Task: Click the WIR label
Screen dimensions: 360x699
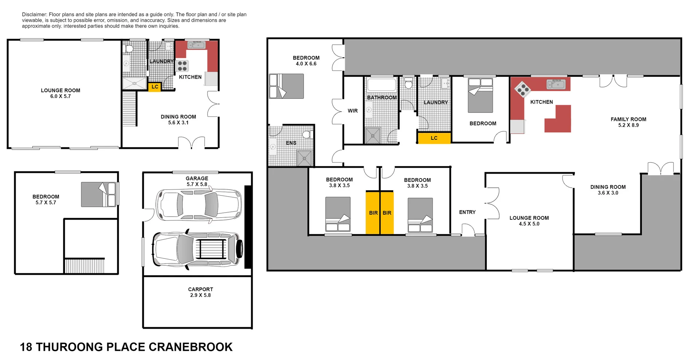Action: pos(352,111)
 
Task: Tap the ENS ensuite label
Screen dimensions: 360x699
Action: pos(291,143)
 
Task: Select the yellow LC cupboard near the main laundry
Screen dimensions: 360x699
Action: pos(434,138)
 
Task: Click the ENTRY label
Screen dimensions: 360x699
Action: pos(467,212)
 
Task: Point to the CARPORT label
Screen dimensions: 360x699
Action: pos(200,289)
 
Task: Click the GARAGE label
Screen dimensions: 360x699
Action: pos(197,178)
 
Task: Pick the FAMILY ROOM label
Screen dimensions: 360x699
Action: pos(628,119)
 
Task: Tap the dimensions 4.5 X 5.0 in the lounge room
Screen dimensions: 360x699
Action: pos(529,224)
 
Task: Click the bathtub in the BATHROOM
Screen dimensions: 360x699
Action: pos(382,85)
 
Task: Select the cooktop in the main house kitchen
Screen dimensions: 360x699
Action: pos(522,89)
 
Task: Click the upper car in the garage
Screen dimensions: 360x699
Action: pos(198,205)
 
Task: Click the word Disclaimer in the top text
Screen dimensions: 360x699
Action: pos(34,15)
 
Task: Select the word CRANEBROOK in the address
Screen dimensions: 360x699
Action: pos(190,347)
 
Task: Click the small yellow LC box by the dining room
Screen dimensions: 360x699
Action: pos(155,87)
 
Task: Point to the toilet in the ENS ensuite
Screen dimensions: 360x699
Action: pos(307,135)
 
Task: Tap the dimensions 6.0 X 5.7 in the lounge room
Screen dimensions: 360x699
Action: pos(60,96)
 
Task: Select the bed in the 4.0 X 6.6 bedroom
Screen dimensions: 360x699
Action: pos(286,86)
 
